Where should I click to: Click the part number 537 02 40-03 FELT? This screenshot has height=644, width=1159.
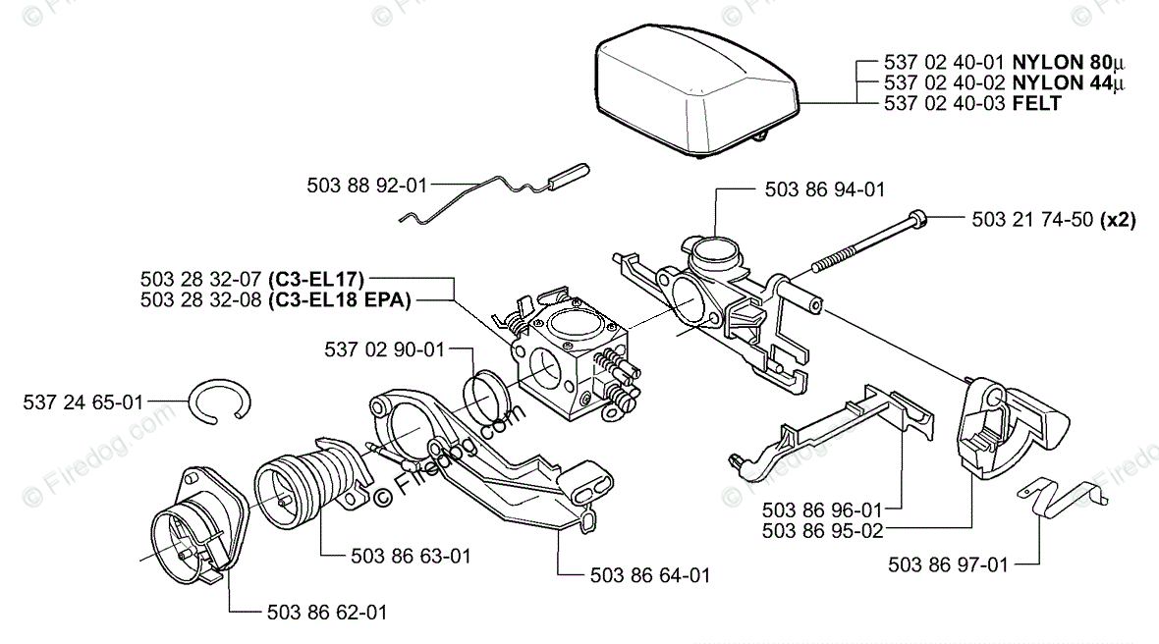(x=972, y=103)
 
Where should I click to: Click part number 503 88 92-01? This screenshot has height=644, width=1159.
(x=367, y=184)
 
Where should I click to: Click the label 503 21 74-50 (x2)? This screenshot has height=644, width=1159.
(x=1053, y=220)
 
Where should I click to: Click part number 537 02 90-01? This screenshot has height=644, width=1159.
(x=384, y=349)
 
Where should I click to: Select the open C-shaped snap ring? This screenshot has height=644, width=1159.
(x=221, y=402)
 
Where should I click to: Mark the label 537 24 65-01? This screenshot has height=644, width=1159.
(x=83, y=402)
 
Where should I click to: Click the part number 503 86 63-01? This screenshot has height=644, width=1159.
(x=411, y=556)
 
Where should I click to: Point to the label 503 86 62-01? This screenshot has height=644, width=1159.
(x=326, y=612)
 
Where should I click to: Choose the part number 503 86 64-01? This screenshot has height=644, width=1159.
(x=650, y=575)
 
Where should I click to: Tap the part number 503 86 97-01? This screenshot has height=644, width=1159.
(x=948, y=564)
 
